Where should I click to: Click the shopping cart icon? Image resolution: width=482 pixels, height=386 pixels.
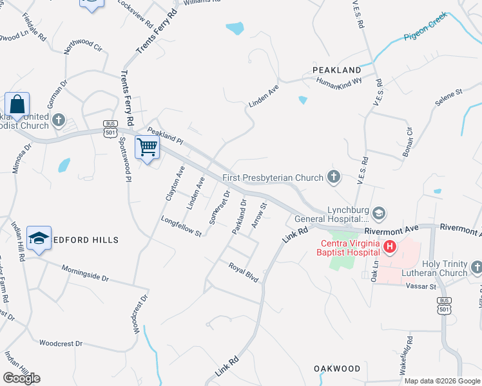click(147, 147)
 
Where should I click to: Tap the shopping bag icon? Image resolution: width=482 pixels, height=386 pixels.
click(17, 104)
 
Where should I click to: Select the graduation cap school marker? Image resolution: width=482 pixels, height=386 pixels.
click(39, 238)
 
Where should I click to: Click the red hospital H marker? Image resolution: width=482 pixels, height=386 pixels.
click(389, 246)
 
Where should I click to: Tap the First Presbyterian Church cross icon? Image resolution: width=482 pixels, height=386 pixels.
click(333, 176)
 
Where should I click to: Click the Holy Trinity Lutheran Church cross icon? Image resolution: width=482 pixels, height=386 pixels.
click(476, 266)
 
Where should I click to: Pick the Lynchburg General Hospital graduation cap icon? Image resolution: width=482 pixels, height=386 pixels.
click(380, 212)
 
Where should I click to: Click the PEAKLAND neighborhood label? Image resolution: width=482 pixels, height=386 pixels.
click(336, 69)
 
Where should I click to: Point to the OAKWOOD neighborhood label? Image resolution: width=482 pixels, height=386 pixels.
click(337, 369)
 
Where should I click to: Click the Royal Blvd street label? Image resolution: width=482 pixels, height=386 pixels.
click(244, 271)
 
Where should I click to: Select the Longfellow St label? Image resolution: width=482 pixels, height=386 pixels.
click(182, 226)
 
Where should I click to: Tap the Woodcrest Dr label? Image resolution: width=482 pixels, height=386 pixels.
click(61, 344)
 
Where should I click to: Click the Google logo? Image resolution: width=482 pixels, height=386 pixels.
click(21, 378)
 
